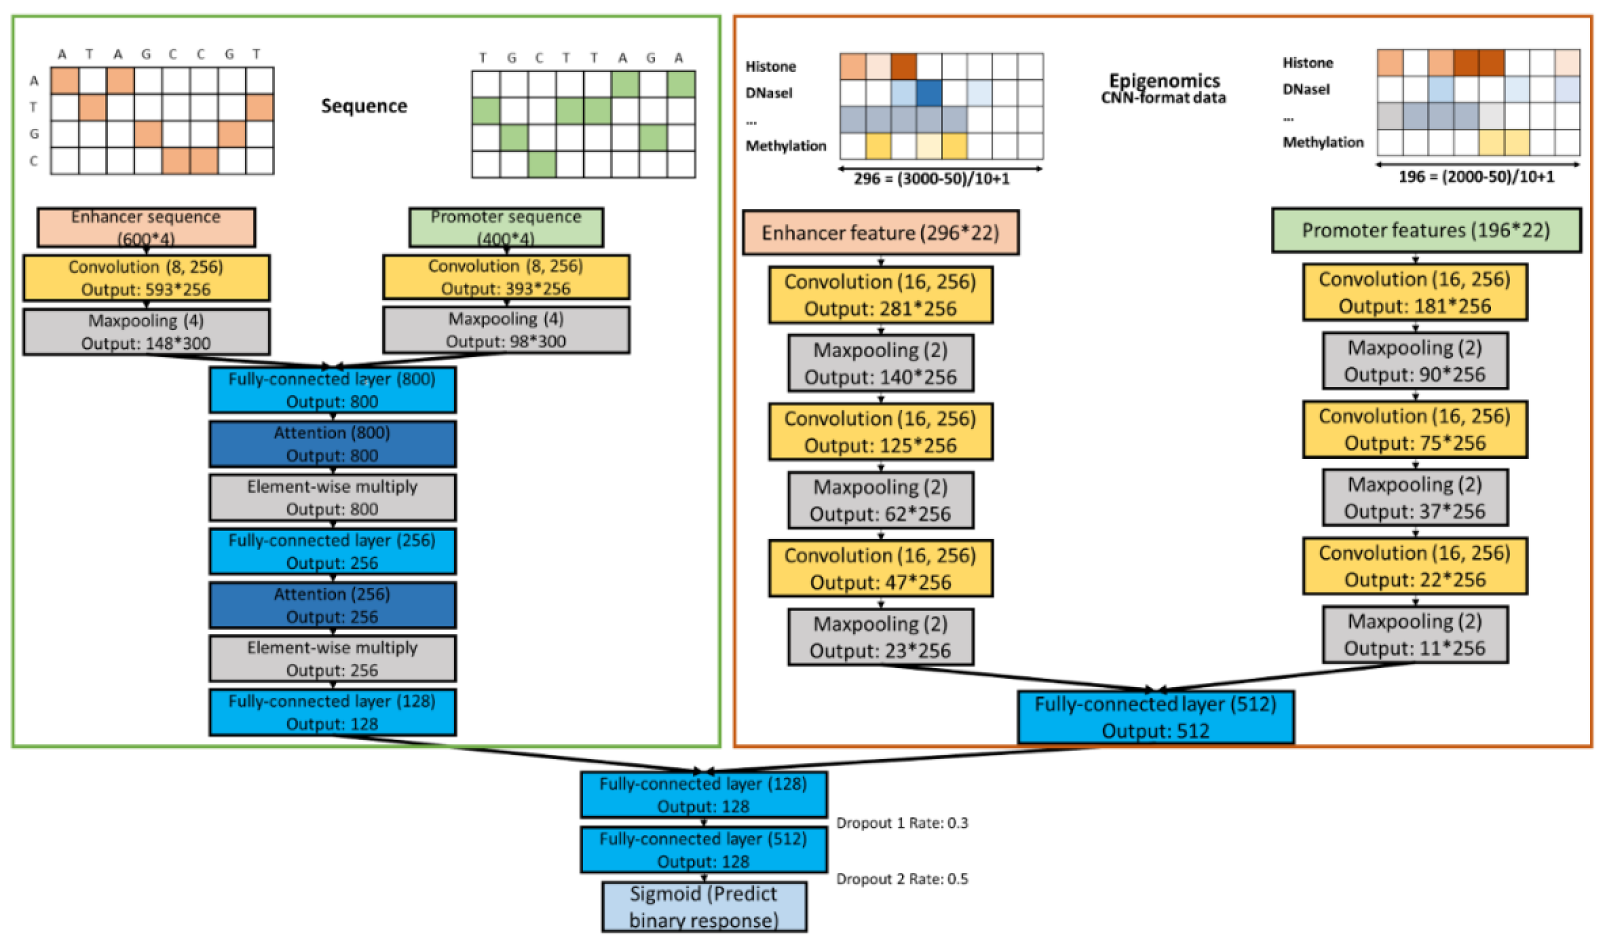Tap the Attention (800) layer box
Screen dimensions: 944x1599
332,443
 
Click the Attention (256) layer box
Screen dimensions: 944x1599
332,605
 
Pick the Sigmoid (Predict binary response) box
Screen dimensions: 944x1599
703,906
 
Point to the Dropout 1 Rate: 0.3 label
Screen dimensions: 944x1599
901,822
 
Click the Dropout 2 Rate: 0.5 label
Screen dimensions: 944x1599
901,878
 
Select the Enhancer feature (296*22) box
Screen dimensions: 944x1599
880,233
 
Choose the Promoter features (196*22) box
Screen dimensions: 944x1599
1425,230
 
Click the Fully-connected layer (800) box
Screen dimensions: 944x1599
332,390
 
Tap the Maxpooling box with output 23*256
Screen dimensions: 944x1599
880,637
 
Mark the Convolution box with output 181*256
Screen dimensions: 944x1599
1414,292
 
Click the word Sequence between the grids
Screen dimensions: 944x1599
364,105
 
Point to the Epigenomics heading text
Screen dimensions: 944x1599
1164,81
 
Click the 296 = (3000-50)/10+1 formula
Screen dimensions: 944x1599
931,178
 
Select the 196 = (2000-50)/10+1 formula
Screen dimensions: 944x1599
1475,177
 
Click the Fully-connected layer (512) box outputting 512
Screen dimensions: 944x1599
1155,717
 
